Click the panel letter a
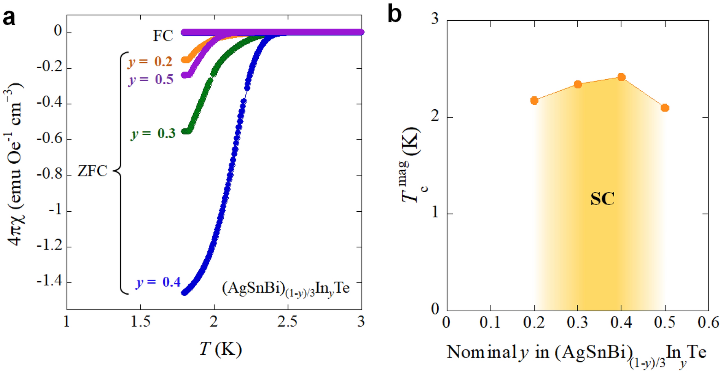9,18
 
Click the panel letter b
395,14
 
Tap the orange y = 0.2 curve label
150,62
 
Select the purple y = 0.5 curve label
151,79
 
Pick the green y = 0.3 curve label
153,133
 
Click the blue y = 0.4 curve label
158,282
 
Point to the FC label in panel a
163,36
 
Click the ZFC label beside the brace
92,171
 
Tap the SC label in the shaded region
602,199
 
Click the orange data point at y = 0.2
534,100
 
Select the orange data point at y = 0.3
578,85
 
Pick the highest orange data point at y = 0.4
621,77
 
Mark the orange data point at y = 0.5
665,108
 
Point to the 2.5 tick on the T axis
287,322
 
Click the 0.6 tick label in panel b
708,323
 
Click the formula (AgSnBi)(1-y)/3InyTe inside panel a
286,289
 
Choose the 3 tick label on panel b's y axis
435,19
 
